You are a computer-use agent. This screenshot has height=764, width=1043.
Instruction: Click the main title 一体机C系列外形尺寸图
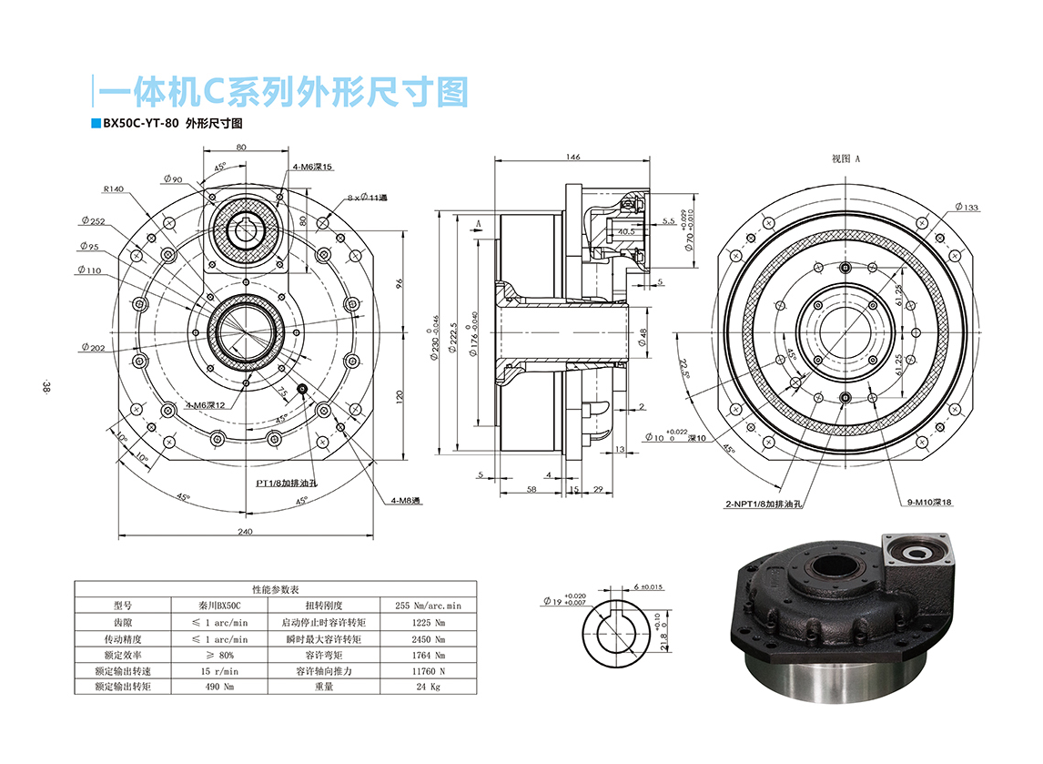[282, 92]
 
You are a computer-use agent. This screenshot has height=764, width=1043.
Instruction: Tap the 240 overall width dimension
[245, 532]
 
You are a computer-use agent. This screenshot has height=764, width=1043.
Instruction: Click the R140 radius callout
[113, 189]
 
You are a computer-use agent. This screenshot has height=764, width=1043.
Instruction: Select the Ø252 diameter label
[92, 220]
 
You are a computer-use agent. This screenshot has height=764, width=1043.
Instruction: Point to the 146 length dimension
[572, 158]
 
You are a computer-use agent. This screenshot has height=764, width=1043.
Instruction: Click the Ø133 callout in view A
[967, 208]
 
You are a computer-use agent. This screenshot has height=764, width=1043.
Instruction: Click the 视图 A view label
[846, 158]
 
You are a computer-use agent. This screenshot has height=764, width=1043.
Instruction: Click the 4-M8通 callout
[406, 500]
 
